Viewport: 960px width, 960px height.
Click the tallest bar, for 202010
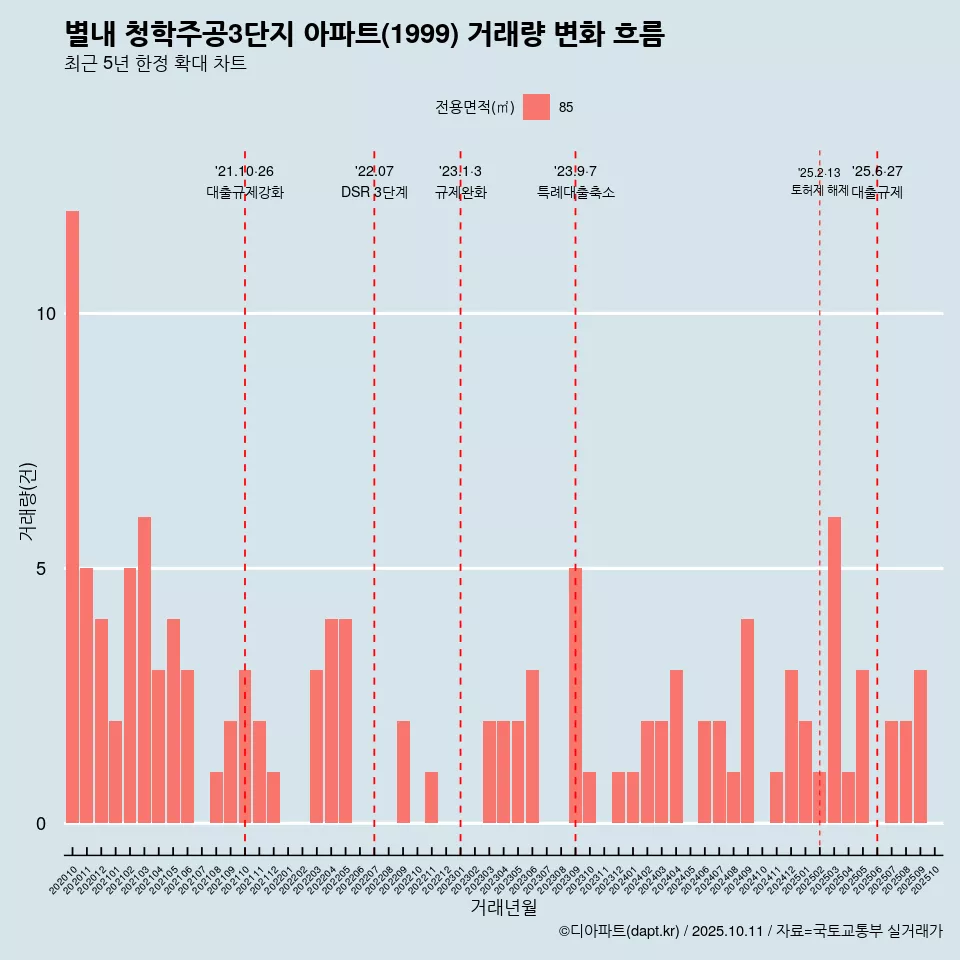72,517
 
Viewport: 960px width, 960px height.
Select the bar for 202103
144,670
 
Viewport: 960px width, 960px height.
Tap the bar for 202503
834,670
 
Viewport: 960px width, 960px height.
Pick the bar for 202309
575,695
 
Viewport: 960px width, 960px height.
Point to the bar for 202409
748,721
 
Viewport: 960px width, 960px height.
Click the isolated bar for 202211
431,797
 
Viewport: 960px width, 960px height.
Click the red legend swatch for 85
536,107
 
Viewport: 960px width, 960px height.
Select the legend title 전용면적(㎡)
475,107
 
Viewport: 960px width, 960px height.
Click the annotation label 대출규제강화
245,192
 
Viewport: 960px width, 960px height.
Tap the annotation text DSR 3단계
374,192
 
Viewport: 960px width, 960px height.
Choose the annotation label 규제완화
460,192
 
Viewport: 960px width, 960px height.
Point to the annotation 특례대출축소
575,192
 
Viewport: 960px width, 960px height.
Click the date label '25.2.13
819,173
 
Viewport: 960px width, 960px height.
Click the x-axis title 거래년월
503,907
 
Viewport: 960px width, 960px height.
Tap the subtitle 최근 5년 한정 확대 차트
155,64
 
